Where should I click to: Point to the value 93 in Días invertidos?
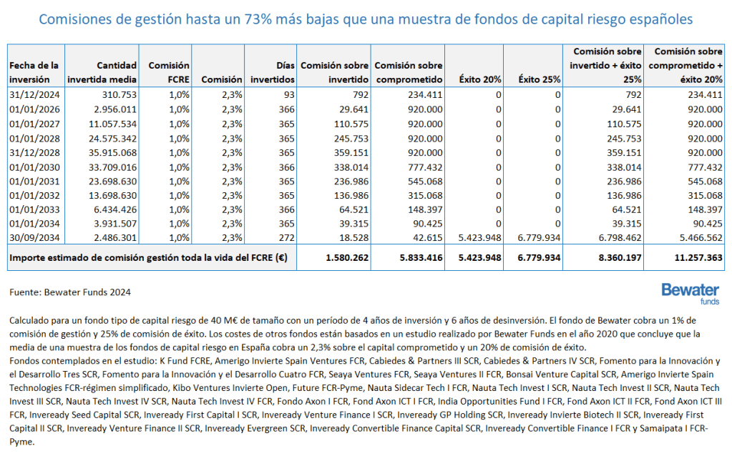click(x=288, y=94)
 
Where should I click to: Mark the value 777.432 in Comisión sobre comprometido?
click(x=421, y=165)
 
